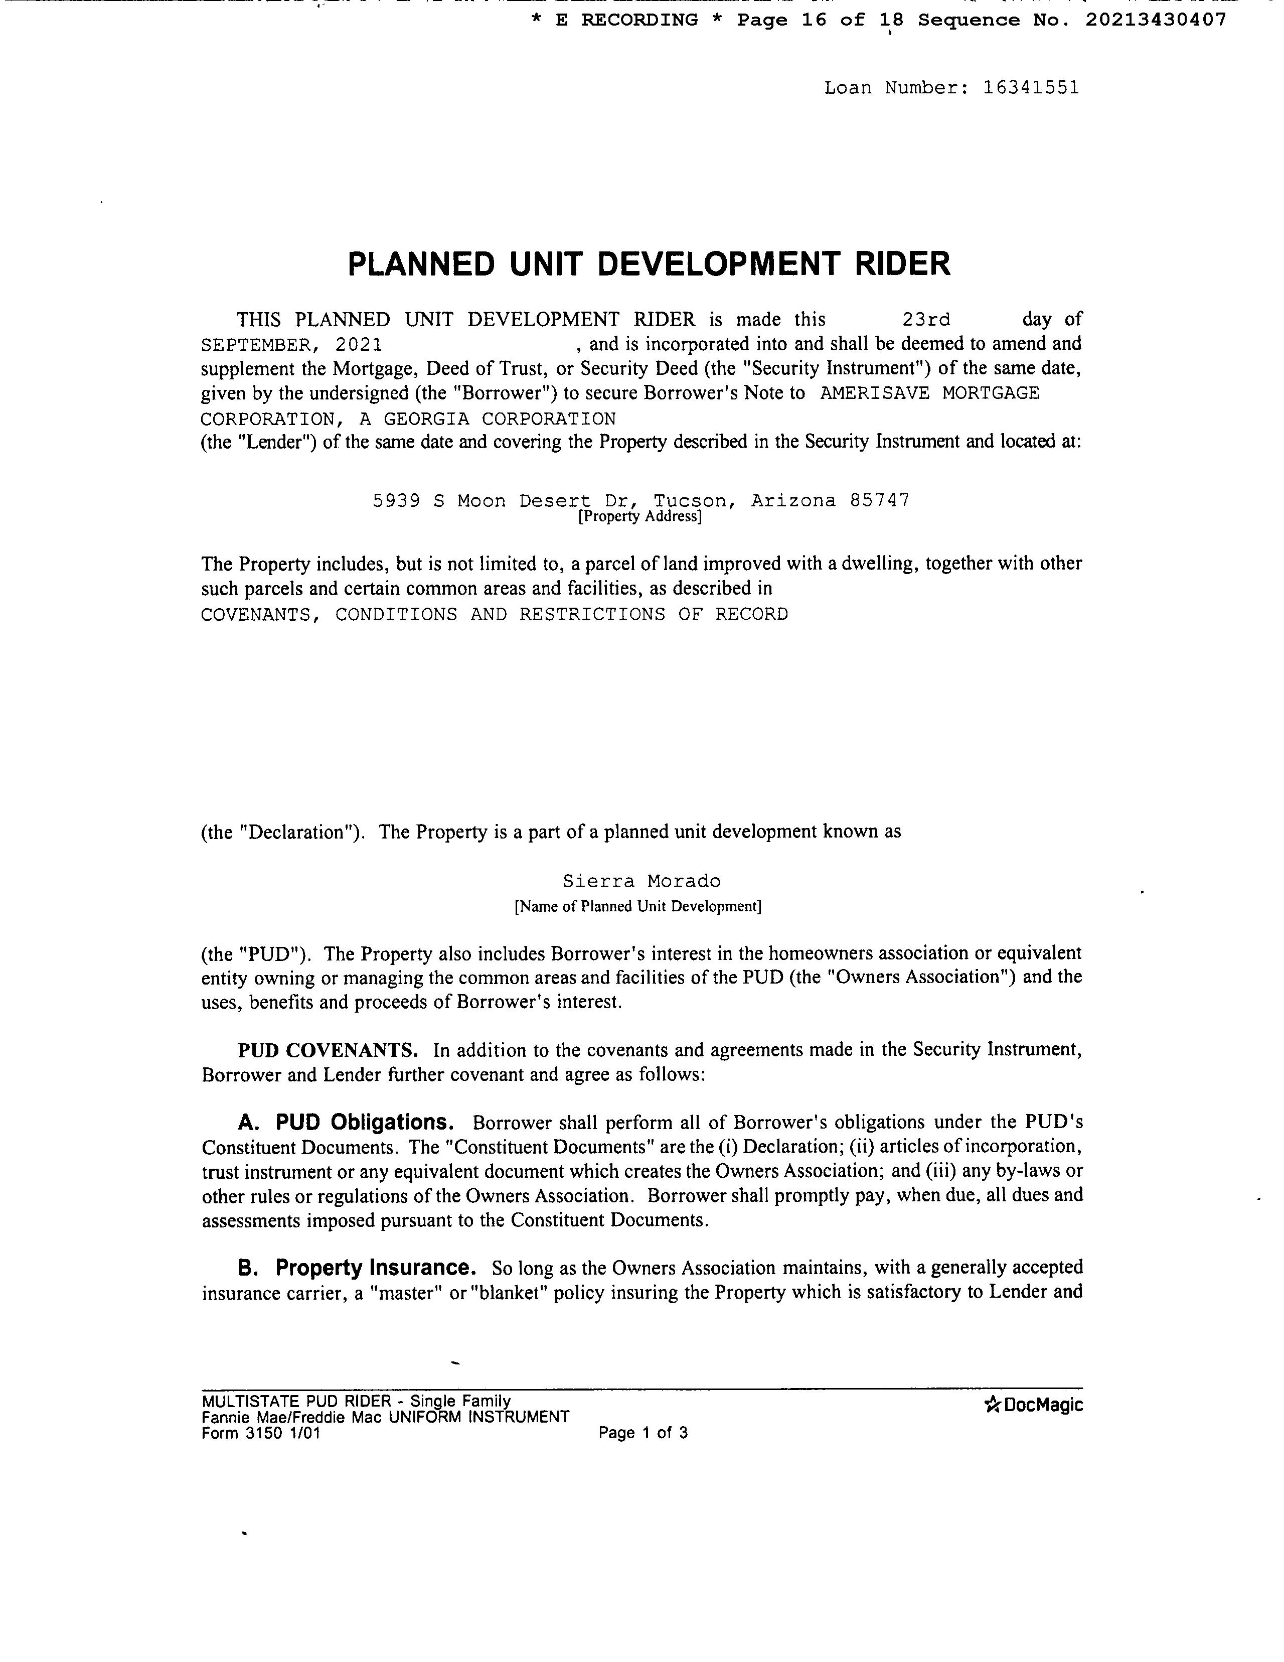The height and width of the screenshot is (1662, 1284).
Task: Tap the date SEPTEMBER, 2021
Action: tap(291, 345)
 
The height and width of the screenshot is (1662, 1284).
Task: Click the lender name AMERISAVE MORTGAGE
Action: tap(929, 393)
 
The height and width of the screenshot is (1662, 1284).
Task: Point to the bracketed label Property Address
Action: tap(639, 517)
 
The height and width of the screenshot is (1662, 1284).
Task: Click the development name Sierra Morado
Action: tap(641, 881)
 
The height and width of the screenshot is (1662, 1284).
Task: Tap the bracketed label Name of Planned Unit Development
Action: tap(637, 906)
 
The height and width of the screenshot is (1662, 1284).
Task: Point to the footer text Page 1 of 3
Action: tap(643, 1433)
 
